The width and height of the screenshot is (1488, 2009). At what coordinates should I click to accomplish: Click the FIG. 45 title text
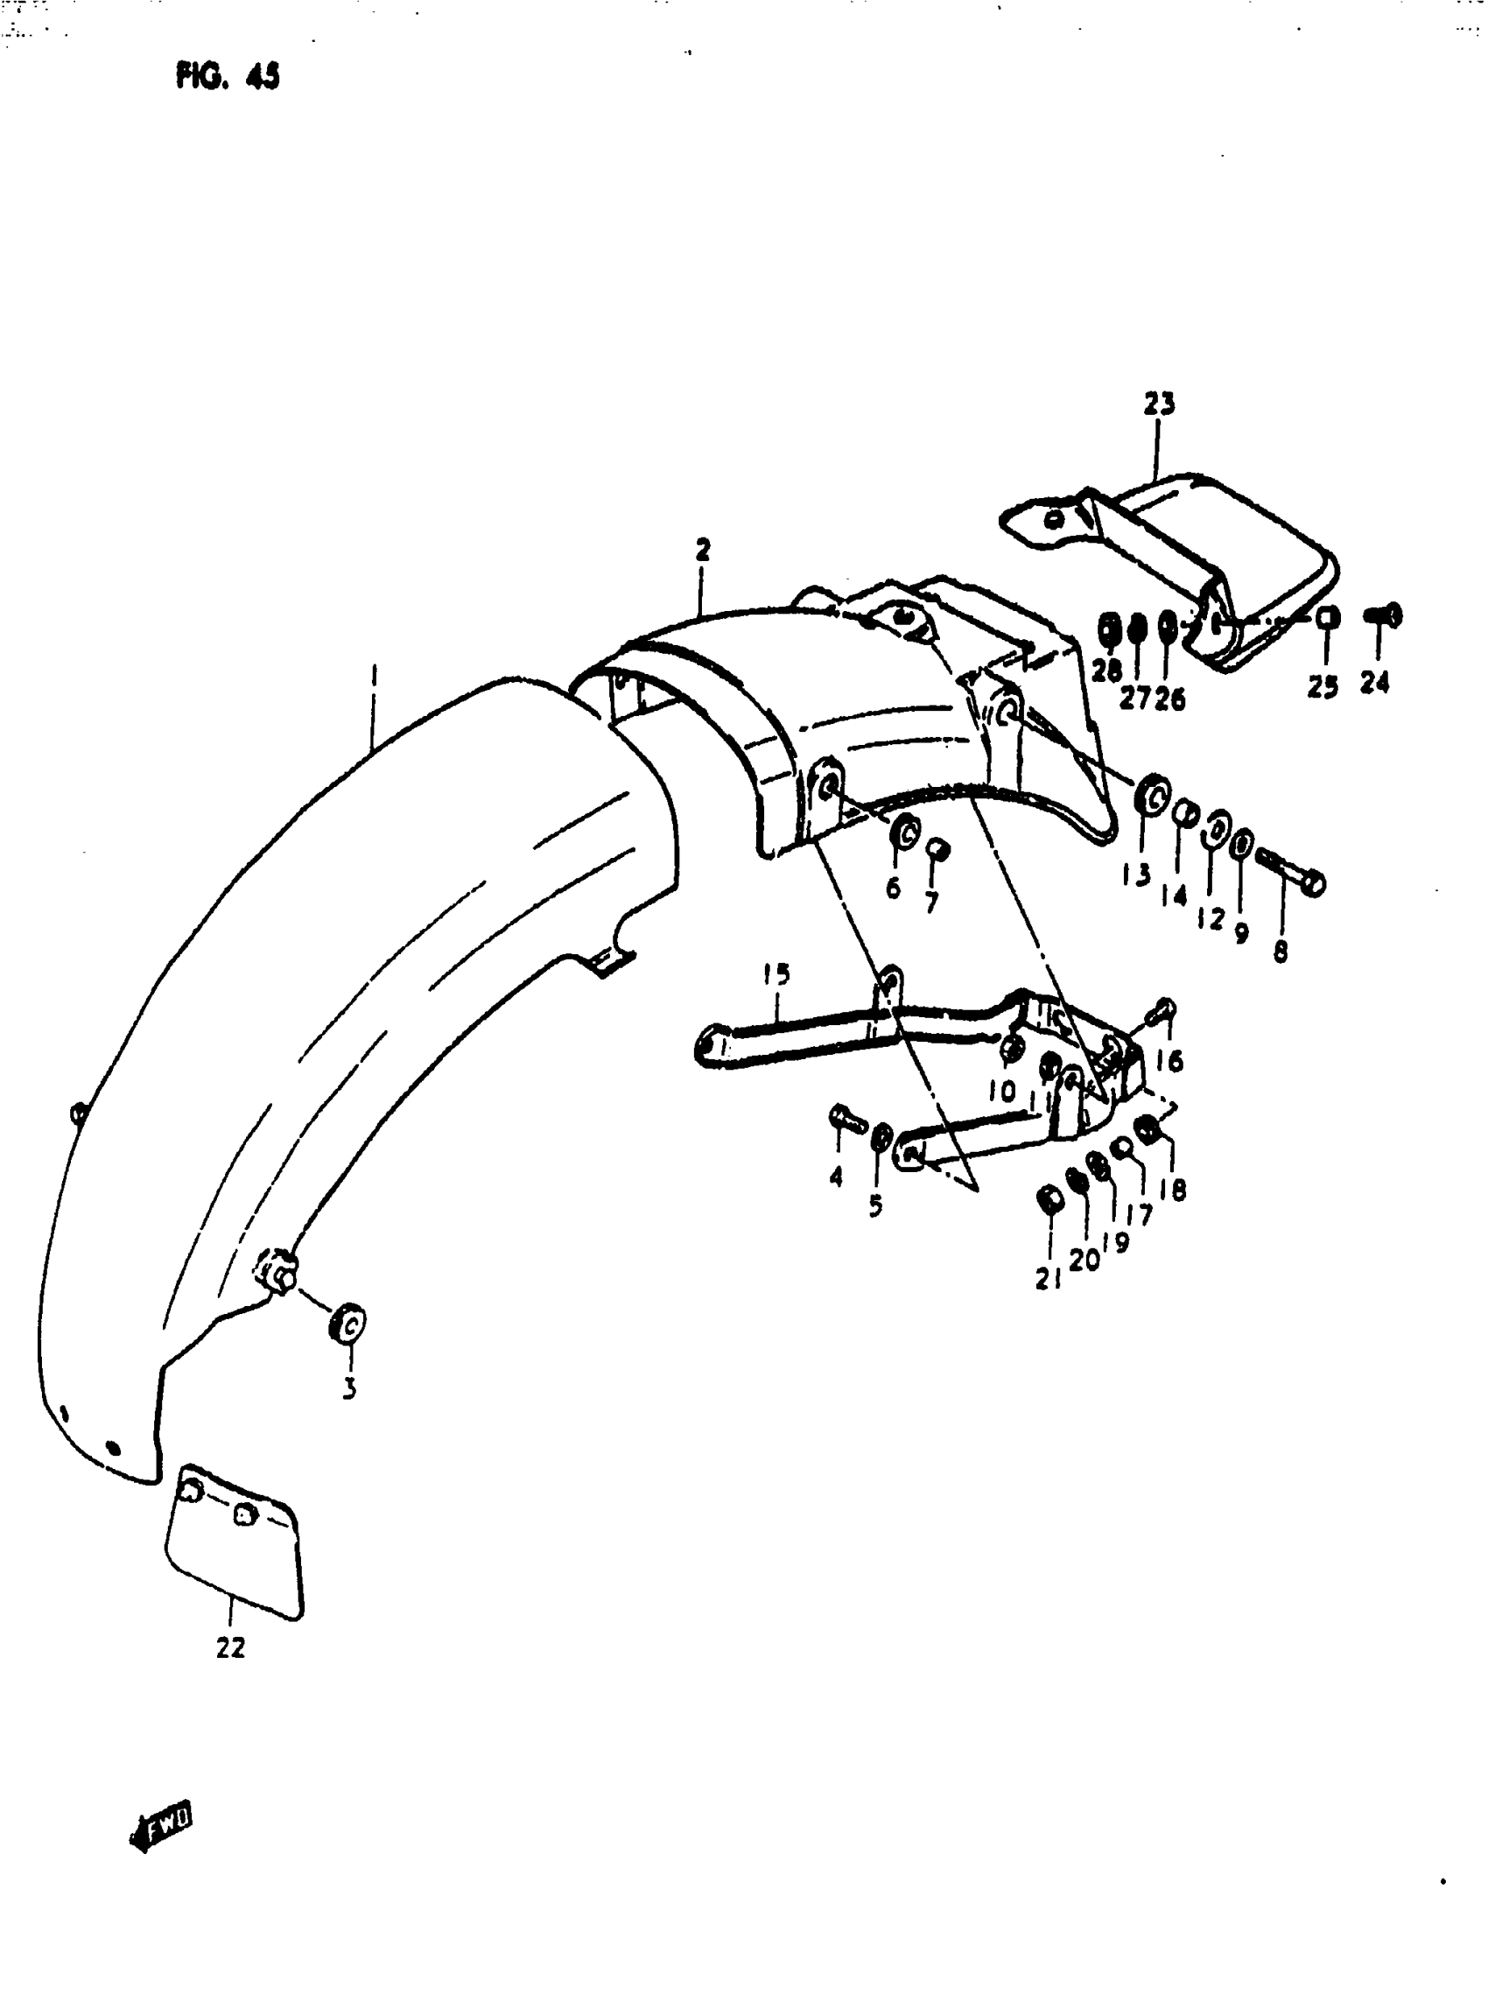tap(227, 76)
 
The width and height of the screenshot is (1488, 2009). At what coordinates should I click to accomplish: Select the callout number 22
tap(230, 1647)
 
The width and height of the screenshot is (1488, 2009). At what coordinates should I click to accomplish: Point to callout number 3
tap(349, 1388)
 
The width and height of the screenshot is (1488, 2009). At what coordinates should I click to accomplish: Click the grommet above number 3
tap(348, 1323)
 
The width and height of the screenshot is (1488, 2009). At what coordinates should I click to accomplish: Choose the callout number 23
tap(1159, 404)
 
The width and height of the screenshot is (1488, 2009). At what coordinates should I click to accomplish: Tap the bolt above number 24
tap(1384, 616)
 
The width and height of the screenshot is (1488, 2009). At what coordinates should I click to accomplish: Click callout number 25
tap(1323, 686)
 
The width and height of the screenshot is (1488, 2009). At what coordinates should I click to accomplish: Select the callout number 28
tap(1106, 671)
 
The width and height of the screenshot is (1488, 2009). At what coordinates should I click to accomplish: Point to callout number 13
tap(1137, 873)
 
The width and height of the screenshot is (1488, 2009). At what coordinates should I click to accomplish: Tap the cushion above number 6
tap(904, 832)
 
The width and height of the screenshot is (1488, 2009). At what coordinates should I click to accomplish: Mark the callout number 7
tap(932, 901)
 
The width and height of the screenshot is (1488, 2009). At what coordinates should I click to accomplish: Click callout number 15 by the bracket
tap(776, 974)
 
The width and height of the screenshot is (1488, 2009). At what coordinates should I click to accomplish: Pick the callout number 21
tap(1048, 1277)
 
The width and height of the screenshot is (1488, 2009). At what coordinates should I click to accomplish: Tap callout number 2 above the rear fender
tap(703, 549)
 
